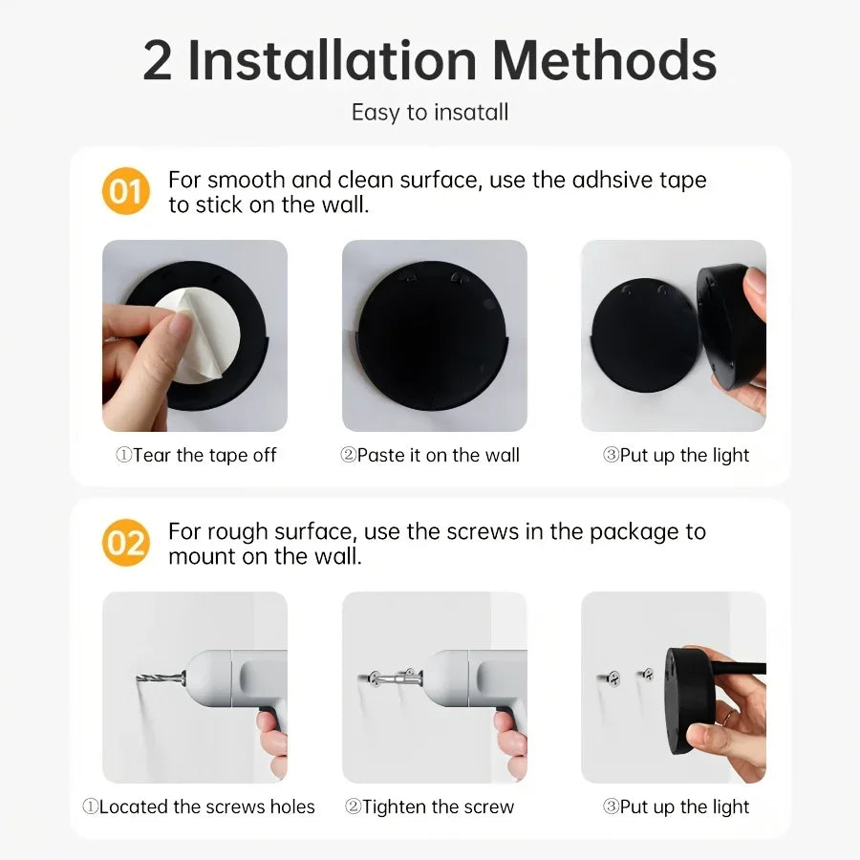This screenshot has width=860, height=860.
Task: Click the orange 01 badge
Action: pyautogui.click(x=126, y=192)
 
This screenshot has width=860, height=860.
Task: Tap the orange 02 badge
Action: pyautogui.click(x=126, y=544)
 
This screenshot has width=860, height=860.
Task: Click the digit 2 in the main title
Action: pyautogui.click(x=158, y=60)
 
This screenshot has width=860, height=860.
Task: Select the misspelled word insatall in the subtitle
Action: pyautogui.click(x=471, y=113)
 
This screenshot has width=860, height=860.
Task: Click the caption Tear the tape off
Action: pyautogui.click(x=196, y=456)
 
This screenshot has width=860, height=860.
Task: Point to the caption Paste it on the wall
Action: pyautogui.click(x=430, y=456)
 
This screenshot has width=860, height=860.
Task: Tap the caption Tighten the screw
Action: pyautogui.click(x=430, y=807)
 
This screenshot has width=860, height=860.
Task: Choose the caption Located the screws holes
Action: pyautogui.click(x=198, y=807)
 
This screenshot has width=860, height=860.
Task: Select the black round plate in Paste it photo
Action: pyautogui.click(x=432, y=334)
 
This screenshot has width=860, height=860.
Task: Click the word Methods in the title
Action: pyautogui.click(x=605, y=60)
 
